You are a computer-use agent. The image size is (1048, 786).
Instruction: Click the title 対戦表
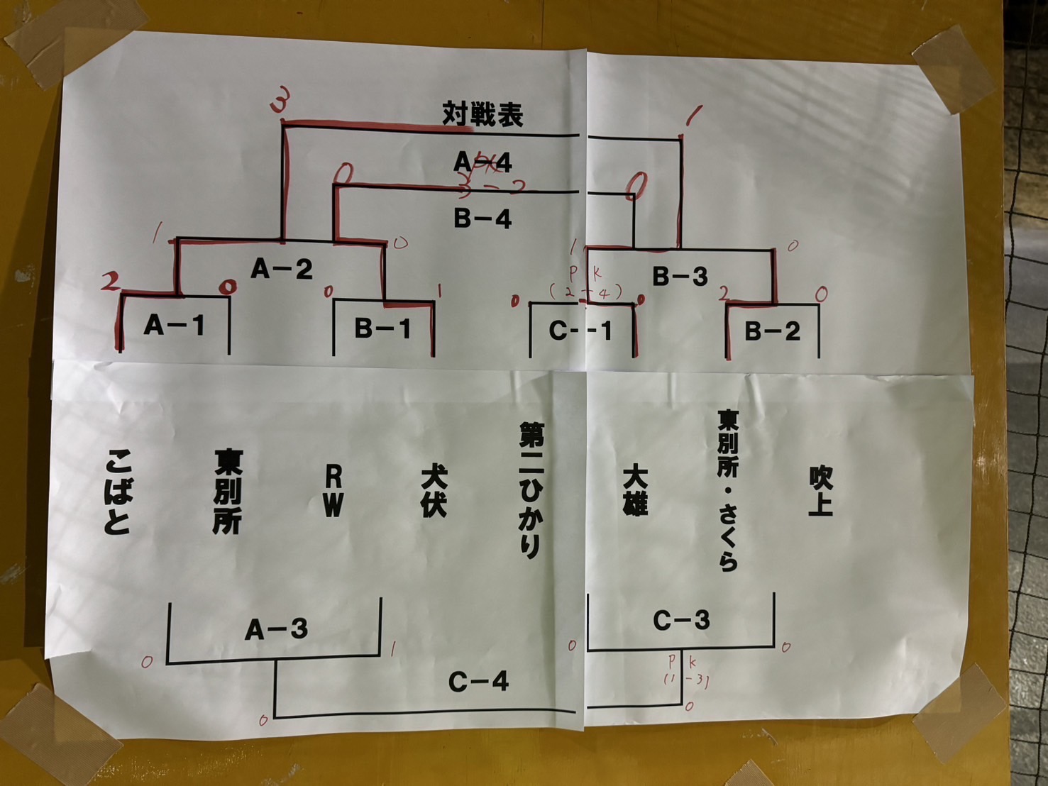tap(482, 114)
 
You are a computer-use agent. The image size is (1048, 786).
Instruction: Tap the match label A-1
tap(175, 326)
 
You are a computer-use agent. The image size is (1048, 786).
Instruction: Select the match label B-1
tap(383, 328)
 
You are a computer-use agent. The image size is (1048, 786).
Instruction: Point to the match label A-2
tap(282, 269)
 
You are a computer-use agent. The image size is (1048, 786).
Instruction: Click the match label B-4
tap(482, 218)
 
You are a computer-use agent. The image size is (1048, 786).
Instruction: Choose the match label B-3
tap(680, 277)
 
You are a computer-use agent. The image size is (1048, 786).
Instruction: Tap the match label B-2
tap(772, 331)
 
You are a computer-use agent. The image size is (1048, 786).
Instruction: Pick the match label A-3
tap(277, 629)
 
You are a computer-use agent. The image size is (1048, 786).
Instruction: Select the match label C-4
tap(479, 682)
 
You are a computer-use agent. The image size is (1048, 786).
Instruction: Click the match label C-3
tap(681, 621)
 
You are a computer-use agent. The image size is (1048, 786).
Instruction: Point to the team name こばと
tap(117, 492)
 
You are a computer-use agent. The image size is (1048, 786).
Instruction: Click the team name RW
tap(333, 492)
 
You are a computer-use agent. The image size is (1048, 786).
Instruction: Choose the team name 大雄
tap(635, 490)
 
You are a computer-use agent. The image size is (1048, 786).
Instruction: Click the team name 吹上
tap(820, 490)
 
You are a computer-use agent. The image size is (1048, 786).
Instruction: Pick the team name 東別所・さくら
tap(728, 490)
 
